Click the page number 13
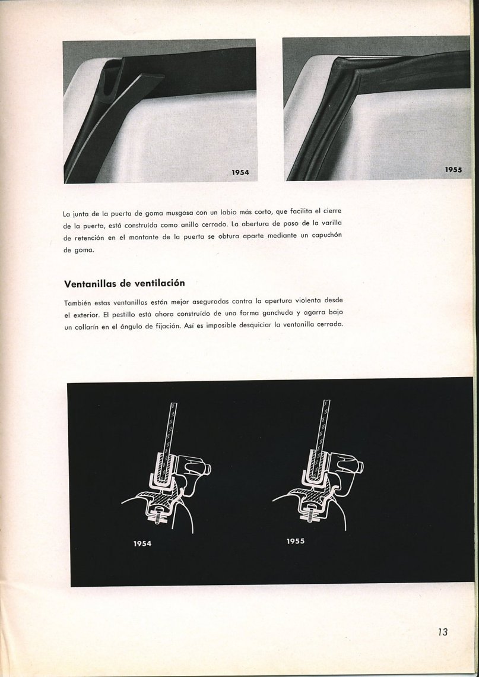pyautogui.click(x=442, y=632)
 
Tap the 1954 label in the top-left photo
pyautogui.click(x=240, y=173)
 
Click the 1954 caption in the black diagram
pyautogui.click(x=142, y=543)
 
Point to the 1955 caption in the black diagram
pyautogui.click(x=295, y=541)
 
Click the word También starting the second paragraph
pyautogui.click(x=78, y=302)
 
